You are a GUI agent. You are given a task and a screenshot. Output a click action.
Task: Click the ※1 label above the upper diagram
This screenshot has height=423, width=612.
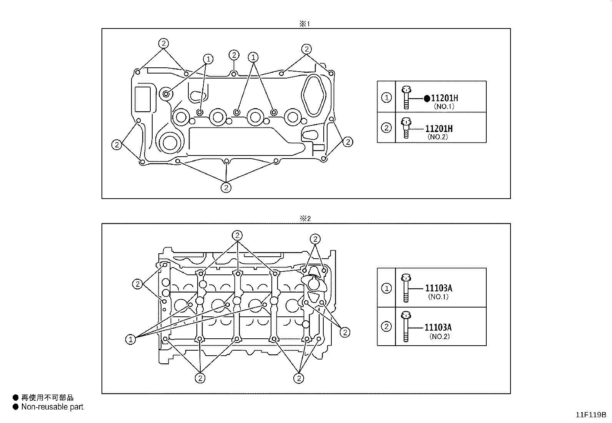pyautogui.click(x=304, y=24)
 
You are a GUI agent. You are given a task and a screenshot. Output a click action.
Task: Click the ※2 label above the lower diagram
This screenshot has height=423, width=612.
pyautogui.click(x=305, y=219)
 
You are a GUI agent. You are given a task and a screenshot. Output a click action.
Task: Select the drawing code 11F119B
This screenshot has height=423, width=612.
pyautogui.click(x=590, y=415)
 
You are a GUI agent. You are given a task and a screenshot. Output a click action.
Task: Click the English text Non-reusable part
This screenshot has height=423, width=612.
pyautogui.click(x=52, y=407)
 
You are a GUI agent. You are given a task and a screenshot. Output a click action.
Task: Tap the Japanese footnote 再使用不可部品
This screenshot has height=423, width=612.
pyautogui.click(x=47, y=398)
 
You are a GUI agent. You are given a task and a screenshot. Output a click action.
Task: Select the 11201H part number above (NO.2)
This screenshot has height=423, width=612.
pyautogui.click(x=439, y=129)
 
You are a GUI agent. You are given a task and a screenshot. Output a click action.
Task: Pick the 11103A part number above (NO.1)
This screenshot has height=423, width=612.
pyautogui.click(x=438, y=288)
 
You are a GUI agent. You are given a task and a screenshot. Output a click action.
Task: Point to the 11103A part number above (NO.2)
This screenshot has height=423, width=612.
pyautogui.click(x=438, y=328)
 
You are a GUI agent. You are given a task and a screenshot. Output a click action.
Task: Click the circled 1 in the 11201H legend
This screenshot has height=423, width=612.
pyautogui.click(x=386, y=98)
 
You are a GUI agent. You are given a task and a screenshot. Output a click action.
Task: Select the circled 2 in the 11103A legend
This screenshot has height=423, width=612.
pyautogui.click(x=386, y=326)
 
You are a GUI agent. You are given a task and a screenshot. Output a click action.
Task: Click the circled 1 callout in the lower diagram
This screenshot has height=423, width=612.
pyautogui.click(x=131, y=339)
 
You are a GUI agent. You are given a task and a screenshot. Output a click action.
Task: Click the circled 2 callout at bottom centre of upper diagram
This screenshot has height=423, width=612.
pyautogui.click(x=226, y=187)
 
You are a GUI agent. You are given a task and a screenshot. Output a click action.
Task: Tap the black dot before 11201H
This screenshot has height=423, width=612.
pyautogui.click(x=427, y=99)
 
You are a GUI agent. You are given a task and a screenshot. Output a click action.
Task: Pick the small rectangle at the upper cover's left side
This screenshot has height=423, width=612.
pyautogui.click(x=143, y=99)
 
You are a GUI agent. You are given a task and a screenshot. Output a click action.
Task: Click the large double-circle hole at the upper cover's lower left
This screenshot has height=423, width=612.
pyautogui.click(x=168, y=142)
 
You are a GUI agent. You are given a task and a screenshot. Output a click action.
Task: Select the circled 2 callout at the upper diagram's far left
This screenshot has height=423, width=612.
pyautogui.click(x=116, y=145)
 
